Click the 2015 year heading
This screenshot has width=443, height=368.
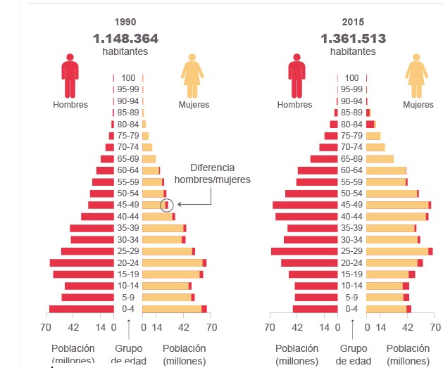[x=354, y=23]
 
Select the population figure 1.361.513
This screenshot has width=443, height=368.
[x=354, y=38]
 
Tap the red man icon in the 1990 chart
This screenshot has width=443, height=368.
[x=70, y=75]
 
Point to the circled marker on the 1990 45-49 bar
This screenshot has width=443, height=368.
[x=166, y=205]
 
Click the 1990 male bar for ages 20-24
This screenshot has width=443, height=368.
[x=82, y=262]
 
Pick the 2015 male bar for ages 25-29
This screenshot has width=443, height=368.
[x=304, y=251]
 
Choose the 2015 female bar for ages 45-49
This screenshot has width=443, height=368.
[x=397, y=205]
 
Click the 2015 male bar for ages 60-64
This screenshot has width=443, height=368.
[x=318, y=170]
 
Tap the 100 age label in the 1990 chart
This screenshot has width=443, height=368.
[x=128, y=78]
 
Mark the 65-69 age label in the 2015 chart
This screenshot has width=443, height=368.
[x=352, y=159]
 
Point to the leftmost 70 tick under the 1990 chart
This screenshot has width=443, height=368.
[x=46, y=326]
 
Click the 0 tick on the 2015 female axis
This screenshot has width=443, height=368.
[x=368, y=326]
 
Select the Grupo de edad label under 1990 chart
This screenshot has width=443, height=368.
[x=129, y=355]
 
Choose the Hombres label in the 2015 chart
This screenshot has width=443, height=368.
[x=294, y=105]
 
